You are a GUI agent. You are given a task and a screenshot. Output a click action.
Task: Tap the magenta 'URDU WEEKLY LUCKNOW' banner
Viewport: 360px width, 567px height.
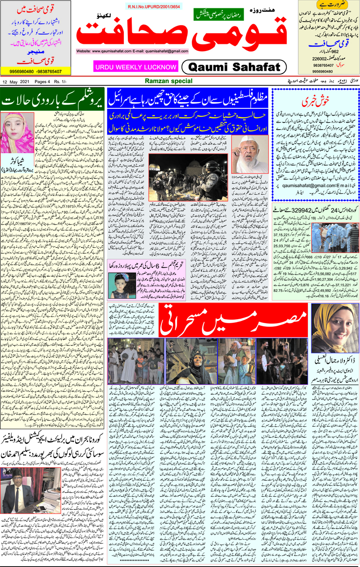click(136, 67)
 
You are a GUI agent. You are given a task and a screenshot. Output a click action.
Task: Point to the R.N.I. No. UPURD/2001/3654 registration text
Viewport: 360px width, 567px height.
click(154, 7)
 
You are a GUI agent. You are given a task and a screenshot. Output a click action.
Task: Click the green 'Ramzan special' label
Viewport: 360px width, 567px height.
click(169, 81)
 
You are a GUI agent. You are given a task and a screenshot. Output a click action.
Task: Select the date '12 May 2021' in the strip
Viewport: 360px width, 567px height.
click(16, 82)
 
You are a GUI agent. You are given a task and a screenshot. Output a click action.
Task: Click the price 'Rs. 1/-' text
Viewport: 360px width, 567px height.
click(60, 82)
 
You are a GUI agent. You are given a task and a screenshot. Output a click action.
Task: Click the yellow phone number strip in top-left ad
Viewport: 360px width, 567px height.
click(36, 71)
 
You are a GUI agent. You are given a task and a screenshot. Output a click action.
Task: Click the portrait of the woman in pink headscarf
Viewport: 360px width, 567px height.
click(17, 133)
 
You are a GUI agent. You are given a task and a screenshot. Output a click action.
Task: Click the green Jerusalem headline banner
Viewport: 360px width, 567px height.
click(53, 100)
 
